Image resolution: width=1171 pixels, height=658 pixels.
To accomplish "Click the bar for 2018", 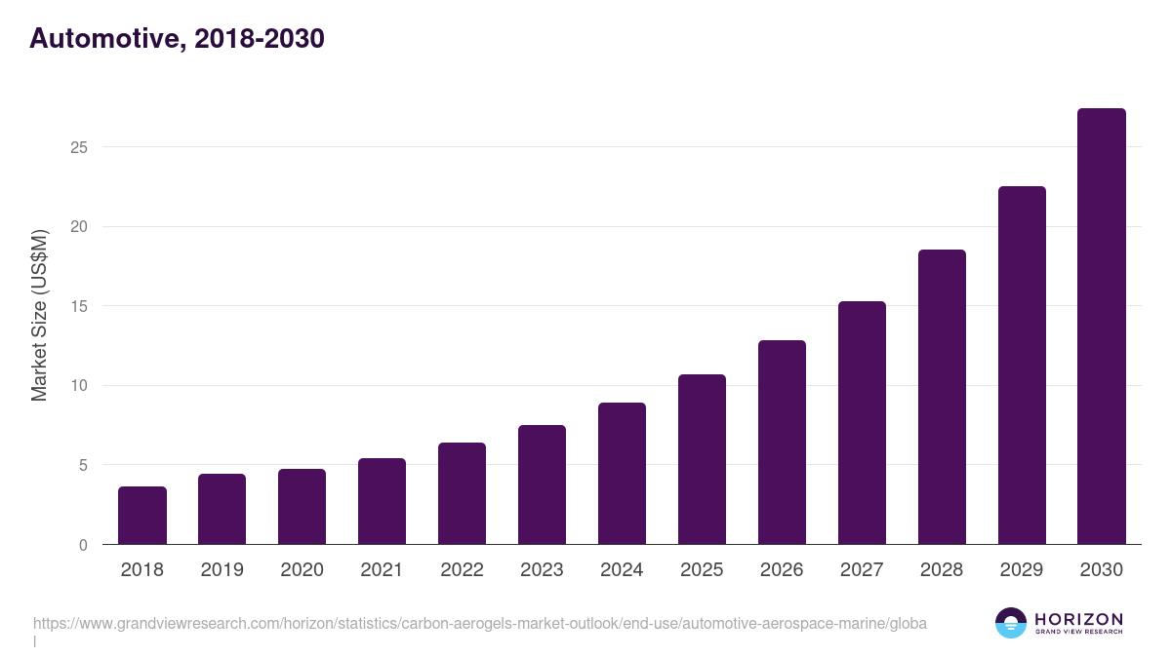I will pyautogui.click(x=142, y=516).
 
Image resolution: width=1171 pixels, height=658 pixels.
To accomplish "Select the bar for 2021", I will pyautogui.click(x=382, y=501).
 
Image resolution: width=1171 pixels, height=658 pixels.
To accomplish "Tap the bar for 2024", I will pyautogui.click(x=622, y=474).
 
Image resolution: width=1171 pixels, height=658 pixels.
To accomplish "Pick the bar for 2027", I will pyautogui.click(x=862, y=423).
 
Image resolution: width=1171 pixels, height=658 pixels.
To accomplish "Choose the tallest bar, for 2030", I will pyautogui.click(x=1102, y=327).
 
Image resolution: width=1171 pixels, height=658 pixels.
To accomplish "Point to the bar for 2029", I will pyautogui.click(x=1022, y=366).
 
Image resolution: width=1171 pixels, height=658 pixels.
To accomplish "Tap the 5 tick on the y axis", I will pyautogui.click(x=83, y=465).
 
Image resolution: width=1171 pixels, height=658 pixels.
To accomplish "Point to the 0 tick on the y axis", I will pyautogui.click(x=83, y=545).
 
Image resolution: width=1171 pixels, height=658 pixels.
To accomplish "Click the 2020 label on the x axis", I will pyautogui.click(x=302, y=570).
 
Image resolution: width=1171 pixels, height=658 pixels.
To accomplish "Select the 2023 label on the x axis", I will pyautogui.click(x=542, y=570).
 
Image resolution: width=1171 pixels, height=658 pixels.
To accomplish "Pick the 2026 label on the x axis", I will pyautogui.click(x=782, y=570).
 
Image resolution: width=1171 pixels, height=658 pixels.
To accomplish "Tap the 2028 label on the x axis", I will pyautogui.click(x=942, y=570).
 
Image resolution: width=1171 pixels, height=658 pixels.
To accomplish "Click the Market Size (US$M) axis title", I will pyautogui.click(x=39, y=316).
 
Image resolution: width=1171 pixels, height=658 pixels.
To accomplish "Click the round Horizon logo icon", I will pyautogui.click(x=1010, y=623).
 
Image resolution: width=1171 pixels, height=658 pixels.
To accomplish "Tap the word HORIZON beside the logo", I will pyautogui.click(x=1077, y=619).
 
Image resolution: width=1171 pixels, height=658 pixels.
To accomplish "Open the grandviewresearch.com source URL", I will pyautogui.click(x=479, y=623).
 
